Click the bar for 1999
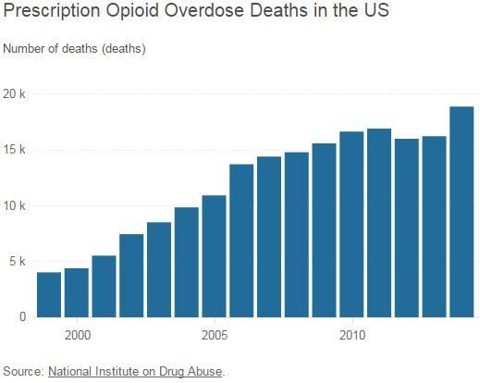pos(48,294)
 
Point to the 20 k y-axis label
pos(15,94)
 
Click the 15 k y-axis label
pos(15,150)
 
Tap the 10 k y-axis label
pos(15,205)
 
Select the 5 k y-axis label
pos(18,261)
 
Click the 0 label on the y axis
pos(22,316)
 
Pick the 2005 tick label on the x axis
pos(214,333)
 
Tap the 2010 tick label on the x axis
pos(351,333)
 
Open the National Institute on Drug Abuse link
pos(135,372)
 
